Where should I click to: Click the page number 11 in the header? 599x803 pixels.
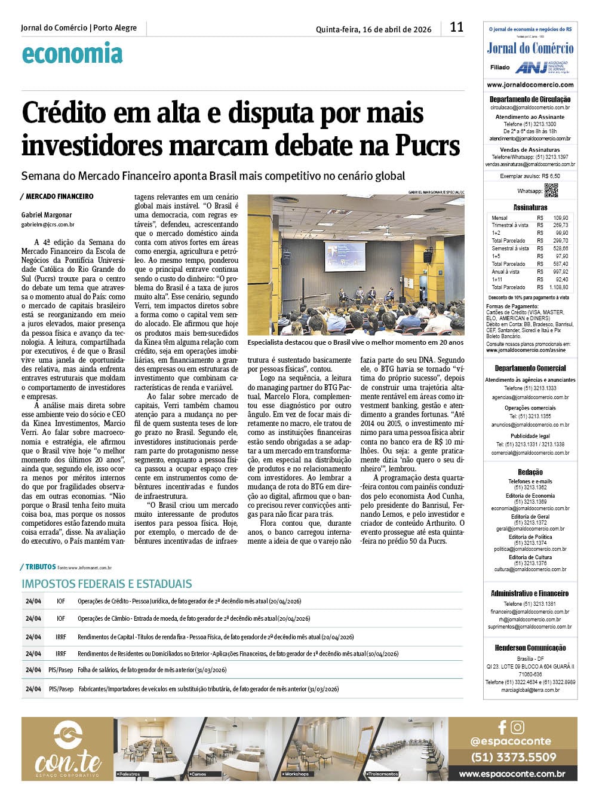pos(456,27)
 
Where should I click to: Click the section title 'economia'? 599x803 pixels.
pos(72,54)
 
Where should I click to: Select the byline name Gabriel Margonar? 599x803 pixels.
pos(47,215)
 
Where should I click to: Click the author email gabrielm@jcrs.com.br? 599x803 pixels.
pos(48,225)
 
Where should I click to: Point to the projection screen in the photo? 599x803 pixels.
pos(345,256)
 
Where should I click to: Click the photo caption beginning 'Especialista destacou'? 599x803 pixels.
pos(355,343)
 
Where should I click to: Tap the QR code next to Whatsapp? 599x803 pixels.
pos(551,191)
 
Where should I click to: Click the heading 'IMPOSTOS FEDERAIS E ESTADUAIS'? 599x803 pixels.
pos(107,584)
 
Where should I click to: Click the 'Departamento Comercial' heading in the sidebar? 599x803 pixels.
pos(530,369)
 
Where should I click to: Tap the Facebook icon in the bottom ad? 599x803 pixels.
pos(502,727)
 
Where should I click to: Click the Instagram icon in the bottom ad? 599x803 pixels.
pos(518,727)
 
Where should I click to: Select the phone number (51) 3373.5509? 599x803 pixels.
pos(513,757)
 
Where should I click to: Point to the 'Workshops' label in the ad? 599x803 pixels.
pos(297,774)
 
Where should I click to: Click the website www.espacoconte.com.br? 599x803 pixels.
pos(512,774)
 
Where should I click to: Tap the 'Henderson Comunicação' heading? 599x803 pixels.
pos(530,648)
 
